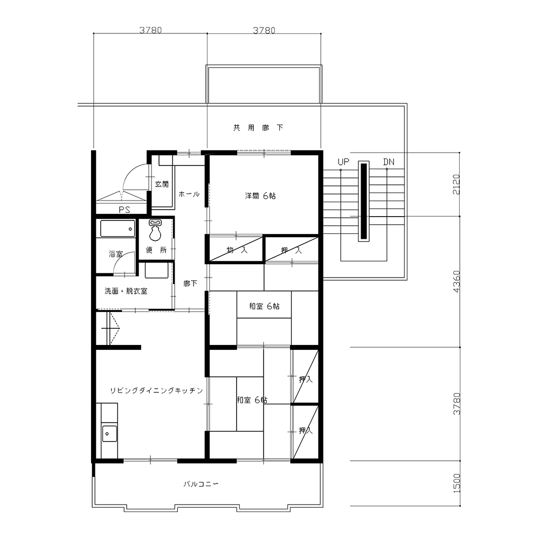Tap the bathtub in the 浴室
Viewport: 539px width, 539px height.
tap(118, 229)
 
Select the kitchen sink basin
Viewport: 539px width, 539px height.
tap(109, 433)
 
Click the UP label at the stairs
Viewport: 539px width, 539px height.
tap(343, 162)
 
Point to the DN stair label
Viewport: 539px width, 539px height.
tap(389, 162)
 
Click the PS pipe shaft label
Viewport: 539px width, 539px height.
tap(125, 210)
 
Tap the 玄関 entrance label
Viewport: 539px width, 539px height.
tap(162, 184)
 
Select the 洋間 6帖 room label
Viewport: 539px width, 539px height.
tap(260, 196)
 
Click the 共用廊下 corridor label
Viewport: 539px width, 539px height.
tap(258, 128)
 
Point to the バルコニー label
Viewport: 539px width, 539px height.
tap(201, 484)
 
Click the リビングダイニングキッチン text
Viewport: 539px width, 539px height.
tap(156, 390)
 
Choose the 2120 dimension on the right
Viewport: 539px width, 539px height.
tap(456, 184)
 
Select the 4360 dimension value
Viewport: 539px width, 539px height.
tap(456, 281)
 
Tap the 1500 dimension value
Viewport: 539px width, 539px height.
tap(456, 483)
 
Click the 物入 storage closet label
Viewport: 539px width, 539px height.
tap(237, 250)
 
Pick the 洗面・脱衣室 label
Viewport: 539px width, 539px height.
tap(126, 291)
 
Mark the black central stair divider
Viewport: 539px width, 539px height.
tap(364, 201)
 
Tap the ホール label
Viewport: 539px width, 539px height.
tap(189, 194)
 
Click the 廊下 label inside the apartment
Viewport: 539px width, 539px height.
tap(190, 284)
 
